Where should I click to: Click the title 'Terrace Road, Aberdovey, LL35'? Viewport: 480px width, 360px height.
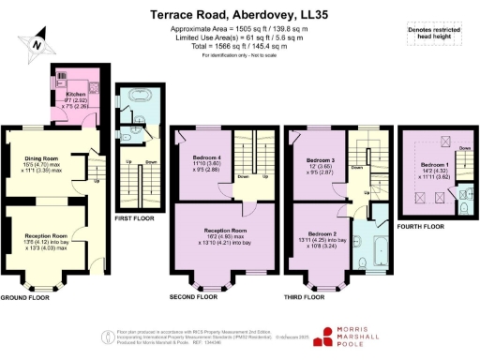point(240,16)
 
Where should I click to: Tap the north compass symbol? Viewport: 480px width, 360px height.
point(37,42)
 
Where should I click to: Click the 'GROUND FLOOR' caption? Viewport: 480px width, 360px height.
point(26,296)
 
